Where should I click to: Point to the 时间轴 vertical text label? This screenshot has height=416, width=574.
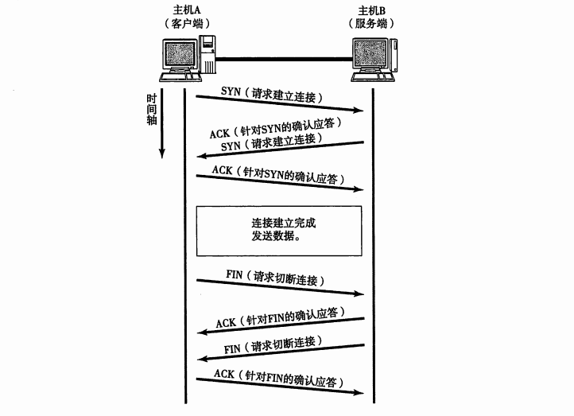pyautogui.click(x=151, y=109)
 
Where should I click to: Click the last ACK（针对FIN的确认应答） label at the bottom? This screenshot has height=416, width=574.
pyautogui.click(x=281, y=377)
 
